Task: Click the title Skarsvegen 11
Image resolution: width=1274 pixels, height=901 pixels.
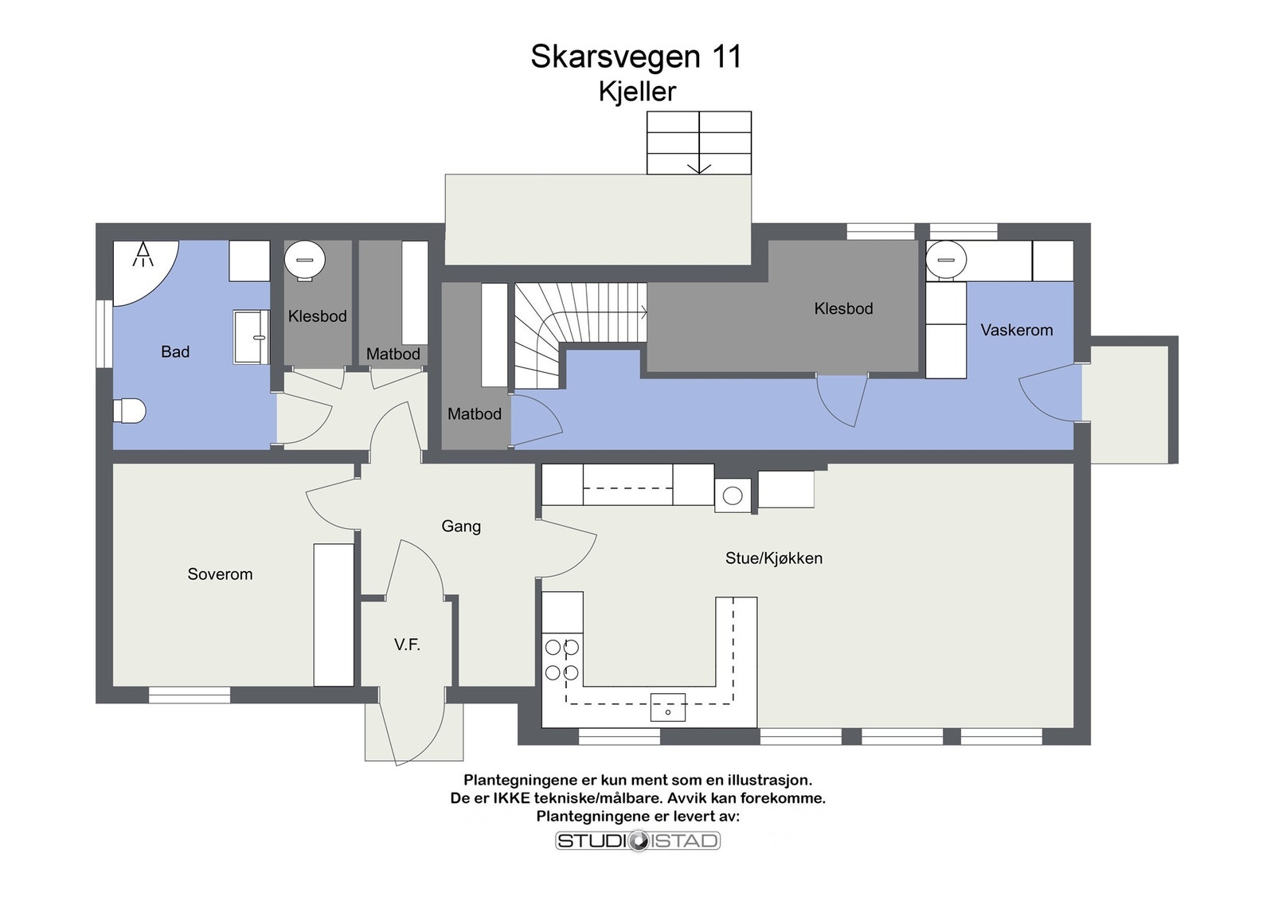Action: (635, 57)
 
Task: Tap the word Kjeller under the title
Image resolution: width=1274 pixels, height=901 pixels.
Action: (636, 92)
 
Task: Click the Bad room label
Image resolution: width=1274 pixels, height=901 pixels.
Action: (175, 351)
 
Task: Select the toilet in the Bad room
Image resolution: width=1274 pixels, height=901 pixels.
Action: (129, 410)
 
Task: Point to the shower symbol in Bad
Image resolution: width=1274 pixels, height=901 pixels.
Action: (143, 255)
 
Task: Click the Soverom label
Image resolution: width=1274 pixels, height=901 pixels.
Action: (220, 574)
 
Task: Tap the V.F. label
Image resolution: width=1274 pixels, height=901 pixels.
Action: (407, 644)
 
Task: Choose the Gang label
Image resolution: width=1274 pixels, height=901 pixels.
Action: (461, 526)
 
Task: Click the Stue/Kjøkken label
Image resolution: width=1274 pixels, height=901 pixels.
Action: (773, 558)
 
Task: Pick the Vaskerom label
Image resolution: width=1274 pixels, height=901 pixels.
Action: (1016, 330)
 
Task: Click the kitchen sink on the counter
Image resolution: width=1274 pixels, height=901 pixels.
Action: (667, 707)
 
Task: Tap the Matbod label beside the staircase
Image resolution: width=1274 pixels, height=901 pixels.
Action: (474, 413)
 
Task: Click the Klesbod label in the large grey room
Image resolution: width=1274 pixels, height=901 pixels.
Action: (843, 308)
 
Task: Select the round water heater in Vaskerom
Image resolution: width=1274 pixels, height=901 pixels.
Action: (946, 260)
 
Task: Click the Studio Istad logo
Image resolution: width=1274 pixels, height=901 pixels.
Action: (637, 840)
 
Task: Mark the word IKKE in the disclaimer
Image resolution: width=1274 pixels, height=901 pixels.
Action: (511, 797)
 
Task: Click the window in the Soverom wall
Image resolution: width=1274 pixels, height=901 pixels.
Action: (190, 695)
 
